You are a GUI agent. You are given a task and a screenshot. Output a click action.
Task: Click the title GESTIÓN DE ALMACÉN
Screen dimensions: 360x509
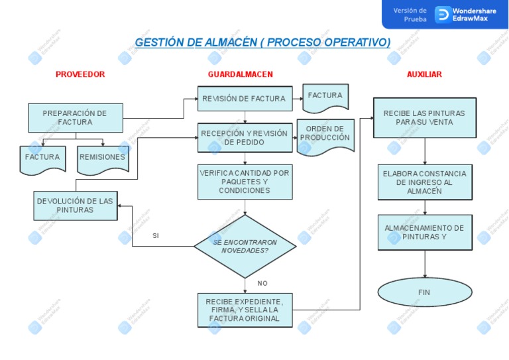click(x=262, y=43)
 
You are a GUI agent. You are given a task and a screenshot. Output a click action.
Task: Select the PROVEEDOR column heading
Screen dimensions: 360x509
click(x=80, y=74)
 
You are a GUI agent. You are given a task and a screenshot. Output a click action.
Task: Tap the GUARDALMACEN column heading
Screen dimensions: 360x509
click(x=240, y=74)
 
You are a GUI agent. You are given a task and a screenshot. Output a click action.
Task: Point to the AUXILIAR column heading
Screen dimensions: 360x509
click(x=424, y=74)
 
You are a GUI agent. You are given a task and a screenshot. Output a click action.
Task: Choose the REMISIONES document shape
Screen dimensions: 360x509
click(x=102, y=158)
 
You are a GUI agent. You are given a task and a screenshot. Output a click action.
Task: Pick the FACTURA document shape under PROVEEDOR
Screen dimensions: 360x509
click(x=42, y=158)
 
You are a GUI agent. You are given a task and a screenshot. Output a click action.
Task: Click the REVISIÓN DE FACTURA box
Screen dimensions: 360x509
click(x=245, y=99)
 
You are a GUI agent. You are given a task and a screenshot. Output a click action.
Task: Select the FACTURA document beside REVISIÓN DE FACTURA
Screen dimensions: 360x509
click(x=325, y=97)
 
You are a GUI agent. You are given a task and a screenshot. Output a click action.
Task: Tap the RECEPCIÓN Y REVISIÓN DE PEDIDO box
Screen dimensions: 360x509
click(x=245, y=137)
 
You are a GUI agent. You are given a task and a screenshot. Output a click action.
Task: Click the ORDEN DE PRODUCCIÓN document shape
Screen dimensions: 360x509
click(x=325, y=135)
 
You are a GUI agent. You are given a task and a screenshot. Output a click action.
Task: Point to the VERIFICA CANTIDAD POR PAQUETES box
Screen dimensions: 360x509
click(x=245, y=182)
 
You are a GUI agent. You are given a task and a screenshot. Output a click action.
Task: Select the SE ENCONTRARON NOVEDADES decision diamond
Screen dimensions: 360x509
click(x=245, y=246)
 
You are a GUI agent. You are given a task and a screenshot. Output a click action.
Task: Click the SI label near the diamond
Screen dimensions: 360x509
click(x=156, y=235)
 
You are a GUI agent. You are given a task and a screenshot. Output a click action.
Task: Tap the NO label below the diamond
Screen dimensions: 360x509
click(x=262, y=283)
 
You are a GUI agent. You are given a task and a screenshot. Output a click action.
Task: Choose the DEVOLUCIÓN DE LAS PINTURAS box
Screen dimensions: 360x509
click(x=75, y=205)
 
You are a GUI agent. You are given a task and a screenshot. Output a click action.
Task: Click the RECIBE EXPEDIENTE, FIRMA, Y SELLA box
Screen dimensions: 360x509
click(x=245, y=310)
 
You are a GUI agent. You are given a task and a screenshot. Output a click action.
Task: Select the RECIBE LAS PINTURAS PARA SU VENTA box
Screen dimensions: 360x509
click(x=424, y=117)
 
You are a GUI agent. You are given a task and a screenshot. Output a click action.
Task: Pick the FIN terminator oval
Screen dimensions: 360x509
click(x=425, y=292)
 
